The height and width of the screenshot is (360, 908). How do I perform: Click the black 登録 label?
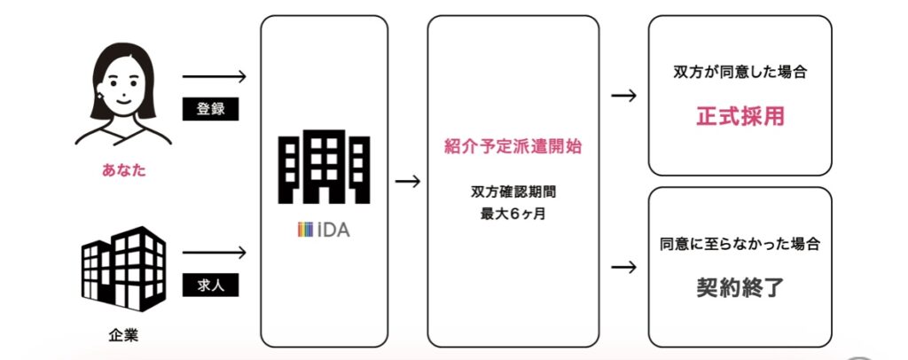coord(211,109)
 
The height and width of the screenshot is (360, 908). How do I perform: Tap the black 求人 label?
coord(211,286)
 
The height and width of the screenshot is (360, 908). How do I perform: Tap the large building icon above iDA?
coord(324,167)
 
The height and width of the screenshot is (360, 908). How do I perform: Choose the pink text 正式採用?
coord(740,116)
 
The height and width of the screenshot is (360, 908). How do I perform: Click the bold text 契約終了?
coord(740,288)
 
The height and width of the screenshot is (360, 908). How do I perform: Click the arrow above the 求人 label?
coord(212,254)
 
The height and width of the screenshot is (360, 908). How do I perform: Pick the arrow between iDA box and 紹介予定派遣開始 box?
coord(408,182)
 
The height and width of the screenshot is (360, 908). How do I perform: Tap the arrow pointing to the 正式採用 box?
coord(624,95)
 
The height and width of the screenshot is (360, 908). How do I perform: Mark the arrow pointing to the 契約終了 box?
coord(624,266)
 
